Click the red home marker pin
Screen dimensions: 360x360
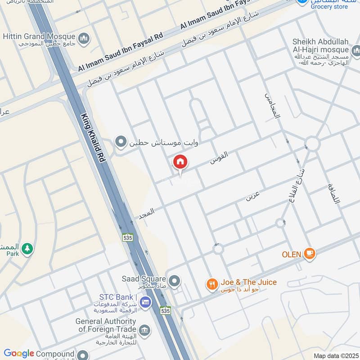pyautogui.click(x=180, y=162)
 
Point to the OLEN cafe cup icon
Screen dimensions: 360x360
pyautogui.click(x=309, y=254)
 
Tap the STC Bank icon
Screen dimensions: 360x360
pyautogui.click(x=145, y=302)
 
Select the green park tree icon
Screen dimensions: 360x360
pyautogui.click(x=27, y=248)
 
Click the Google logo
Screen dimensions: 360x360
pyautogui.click(x=19, y=354)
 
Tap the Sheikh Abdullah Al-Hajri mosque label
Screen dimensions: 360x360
pyautogui.click(x=320, y=45)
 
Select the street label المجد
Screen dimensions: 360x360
pyautogui.click(x=147, y=211)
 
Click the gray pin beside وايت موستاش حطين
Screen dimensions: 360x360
pyautogui.click(x=121, y=142)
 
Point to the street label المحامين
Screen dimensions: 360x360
pyautogui.click(x=273, y=106)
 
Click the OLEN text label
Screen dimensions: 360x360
pyautogui.click(x=291, y=255)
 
